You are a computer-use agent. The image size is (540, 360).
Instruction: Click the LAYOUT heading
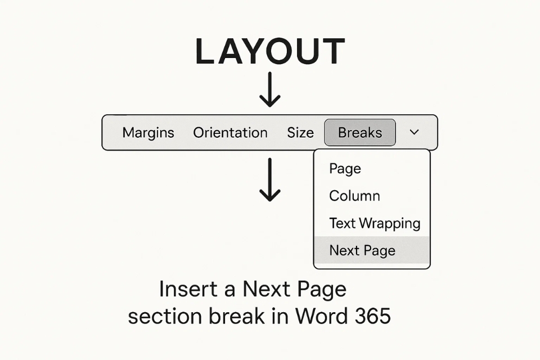coord(270,51)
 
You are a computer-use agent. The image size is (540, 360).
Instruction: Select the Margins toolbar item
coord(148,133)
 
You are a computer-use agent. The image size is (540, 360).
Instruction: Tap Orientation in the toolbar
coord(230,133)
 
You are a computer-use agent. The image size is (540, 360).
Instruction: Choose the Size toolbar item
coord(300,133)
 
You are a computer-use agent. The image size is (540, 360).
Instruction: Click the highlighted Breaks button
coord(360,133)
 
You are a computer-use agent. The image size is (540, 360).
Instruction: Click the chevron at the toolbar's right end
coord(415,132)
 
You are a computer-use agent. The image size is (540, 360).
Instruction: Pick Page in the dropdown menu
coord(345,169)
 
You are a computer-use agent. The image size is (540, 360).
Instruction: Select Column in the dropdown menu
coord(354,196)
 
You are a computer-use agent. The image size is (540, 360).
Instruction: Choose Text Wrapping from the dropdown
coord(375,223)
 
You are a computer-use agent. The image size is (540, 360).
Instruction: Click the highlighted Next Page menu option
coord(362,250)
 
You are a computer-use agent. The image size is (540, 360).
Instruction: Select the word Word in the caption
coord(325,317)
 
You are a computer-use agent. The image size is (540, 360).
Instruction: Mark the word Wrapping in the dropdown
coord(390,224)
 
